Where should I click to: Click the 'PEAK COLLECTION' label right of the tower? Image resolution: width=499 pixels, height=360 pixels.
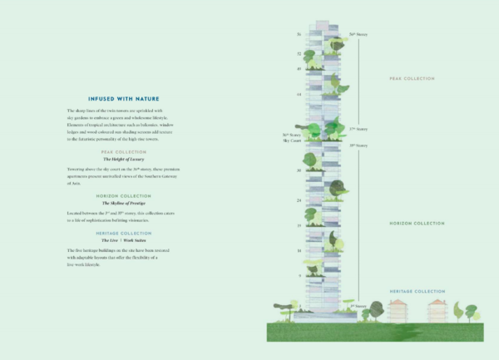412,79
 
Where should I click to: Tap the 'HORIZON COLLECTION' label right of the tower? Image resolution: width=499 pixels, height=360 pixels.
417,224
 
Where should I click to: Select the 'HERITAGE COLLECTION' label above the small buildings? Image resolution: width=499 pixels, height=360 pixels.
417,291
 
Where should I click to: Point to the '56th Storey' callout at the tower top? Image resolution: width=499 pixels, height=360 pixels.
358,34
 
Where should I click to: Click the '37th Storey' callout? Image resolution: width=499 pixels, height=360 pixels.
358,130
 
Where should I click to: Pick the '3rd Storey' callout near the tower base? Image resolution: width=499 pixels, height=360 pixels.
358,306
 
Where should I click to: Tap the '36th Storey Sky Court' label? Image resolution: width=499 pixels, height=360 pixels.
291,137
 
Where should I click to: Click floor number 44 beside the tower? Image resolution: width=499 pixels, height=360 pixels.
299,95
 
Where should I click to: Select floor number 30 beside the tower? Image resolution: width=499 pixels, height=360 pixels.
299,170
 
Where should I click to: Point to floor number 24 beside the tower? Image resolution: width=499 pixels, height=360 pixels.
299,200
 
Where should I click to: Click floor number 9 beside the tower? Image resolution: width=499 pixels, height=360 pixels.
299,274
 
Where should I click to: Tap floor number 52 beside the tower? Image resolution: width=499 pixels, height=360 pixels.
299,53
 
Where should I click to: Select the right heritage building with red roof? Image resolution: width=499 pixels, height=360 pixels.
438,311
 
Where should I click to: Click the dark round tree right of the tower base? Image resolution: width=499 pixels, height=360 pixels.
376,309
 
